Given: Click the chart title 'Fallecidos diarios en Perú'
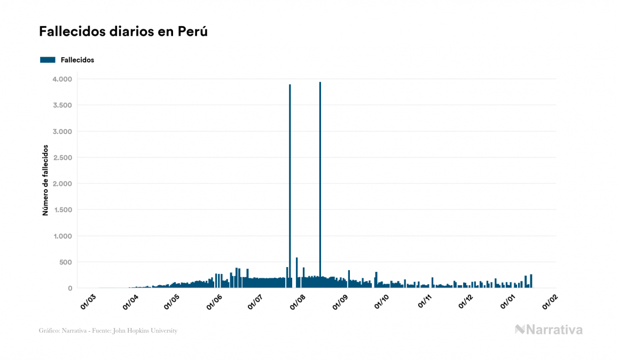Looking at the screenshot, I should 123,32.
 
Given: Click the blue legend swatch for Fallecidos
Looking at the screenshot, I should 48,60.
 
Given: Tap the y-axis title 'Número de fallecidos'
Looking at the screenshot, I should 45,179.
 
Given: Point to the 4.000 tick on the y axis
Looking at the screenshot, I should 62,79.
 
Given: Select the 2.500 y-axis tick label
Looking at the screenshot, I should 62,158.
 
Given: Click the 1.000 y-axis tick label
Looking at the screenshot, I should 62,236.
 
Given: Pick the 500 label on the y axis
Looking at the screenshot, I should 65,262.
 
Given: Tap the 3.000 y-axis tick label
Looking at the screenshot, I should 62,131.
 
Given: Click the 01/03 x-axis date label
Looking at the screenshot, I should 88,301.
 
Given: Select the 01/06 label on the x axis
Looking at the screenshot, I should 214,301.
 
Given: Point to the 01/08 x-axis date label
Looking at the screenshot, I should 298,301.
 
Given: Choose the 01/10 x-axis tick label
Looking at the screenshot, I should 382,301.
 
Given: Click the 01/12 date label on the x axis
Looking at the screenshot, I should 466,301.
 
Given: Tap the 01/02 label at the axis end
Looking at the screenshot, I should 550,301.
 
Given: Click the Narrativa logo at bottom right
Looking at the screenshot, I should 549,330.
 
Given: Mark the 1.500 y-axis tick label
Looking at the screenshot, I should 62,210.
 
